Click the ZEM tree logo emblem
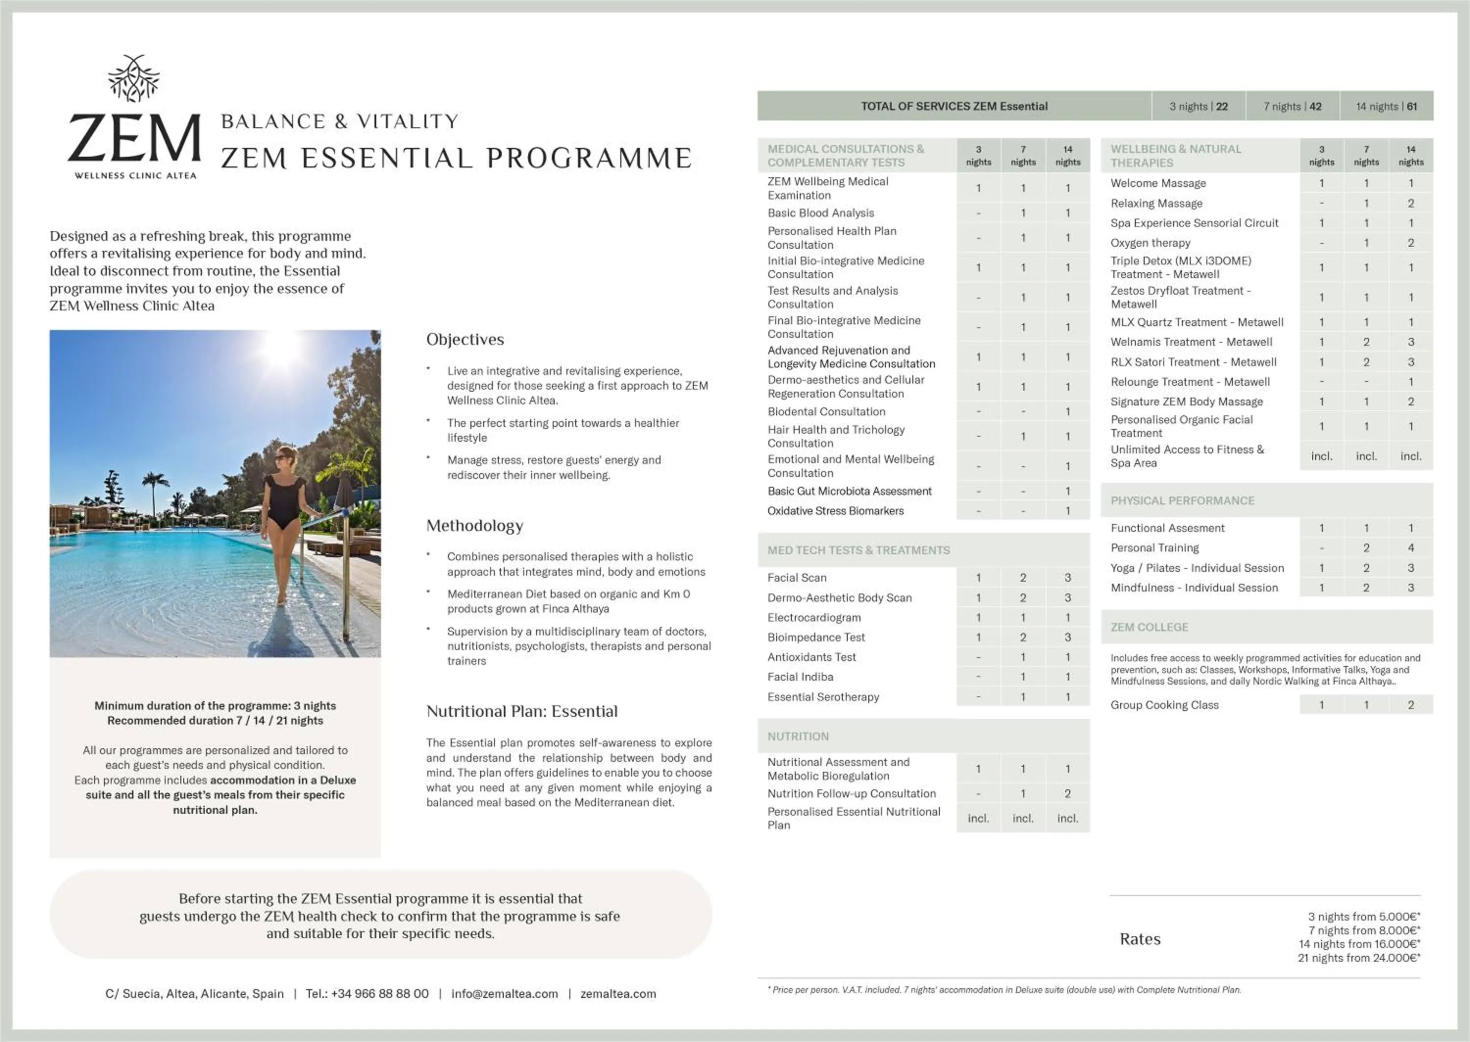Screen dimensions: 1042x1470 133,79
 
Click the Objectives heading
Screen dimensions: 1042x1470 465,339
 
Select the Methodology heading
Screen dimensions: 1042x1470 474,525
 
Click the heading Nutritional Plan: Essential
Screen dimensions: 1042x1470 521,711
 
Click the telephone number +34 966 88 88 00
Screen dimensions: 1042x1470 367,993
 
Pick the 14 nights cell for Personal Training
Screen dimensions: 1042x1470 1410,548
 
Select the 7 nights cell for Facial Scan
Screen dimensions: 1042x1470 1023,577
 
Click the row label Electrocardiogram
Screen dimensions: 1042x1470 814,617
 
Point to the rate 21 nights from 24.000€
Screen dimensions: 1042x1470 1358,957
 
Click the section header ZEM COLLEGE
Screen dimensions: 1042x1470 1149,627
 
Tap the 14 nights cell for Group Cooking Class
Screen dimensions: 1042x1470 1410,705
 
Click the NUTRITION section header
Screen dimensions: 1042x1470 798,736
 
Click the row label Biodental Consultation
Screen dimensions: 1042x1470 826,412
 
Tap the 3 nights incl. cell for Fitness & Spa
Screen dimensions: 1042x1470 1321,456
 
